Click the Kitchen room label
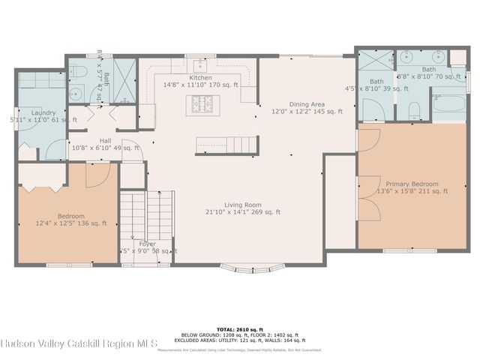coord(200,77)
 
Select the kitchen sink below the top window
coord(200,63)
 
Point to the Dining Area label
coord(307,103)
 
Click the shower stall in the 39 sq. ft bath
coord(370,61)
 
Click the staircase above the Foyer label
coord(147,213)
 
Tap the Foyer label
coord(147,244)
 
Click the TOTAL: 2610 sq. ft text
coord(240,328)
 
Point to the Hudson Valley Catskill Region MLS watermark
coord(78,344)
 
